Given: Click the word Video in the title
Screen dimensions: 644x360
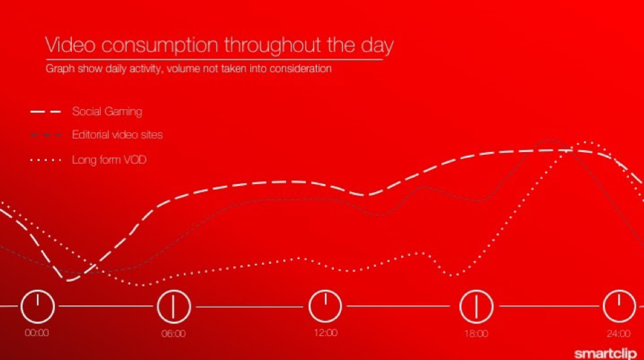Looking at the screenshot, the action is (70, 45).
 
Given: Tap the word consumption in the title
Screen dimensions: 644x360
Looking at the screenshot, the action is (160, 46).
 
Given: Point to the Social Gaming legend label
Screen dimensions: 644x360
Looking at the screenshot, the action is (107, 112).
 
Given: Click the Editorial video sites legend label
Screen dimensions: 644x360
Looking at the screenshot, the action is (117, 134).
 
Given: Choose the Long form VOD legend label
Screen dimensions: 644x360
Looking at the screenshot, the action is (109, 160).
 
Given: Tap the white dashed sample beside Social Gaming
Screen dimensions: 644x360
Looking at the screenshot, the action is (45, 112).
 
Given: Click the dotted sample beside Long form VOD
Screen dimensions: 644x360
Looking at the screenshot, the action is (45, 160).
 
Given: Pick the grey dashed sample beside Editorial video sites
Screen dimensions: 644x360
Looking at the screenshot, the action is (45, 135).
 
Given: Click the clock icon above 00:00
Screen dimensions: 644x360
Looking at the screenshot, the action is (38, 307).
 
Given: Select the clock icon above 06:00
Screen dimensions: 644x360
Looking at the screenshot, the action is (174, 307).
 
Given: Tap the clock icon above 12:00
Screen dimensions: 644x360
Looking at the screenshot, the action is (325, 307).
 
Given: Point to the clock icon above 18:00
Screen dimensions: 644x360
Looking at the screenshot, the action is (476, 307).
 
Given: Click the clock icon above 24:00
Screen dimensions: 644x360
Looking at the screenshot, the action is (619, 307).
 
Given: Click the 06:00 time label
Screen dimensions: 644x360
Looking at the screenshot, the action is (174, 334).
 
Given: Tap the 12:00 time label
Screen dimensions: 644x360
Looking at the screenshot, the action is (325, 333).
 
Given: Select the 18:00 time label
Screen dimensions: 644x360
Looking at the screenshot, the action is (476, 334).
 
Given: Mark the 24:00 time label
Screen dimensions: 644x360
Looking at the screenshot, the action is (619, 334).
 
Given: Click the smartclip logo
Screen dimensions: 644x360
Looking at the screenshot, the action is (605, 353).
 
